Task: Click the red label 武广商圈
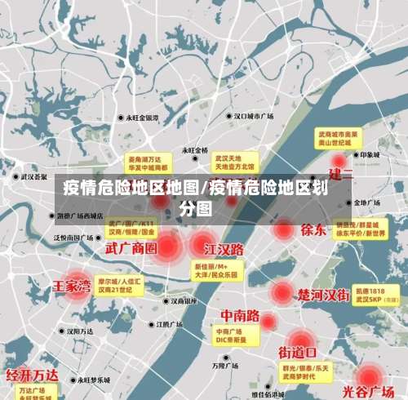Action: coord(131,247)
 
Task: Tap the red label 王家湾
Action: coord(72,287)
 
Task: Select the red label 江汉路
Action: coord(224,247)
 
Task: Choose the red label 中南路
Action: coord(241,315)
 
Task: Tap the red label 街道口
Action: coord(299,353)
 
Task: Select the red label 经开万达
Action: coord(32,375)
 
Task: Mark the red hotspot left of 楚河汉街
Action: coord(282,292)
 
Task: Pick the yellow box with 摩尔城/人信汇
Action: coord(118,285)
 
